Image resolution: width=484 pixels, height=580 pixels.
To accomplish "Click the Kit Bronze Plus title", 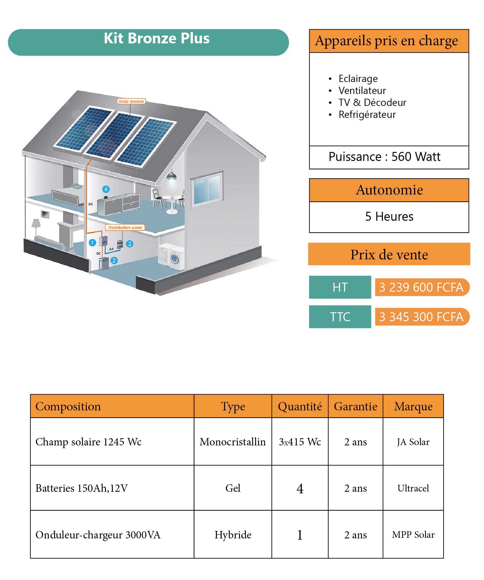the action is tap(157, 39).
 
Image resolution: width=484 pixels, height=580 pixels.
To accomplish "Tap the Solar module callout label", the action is tap(131, 101).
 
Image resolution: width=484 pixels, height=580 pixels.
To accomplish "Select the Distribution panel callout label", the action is tap(125, 228).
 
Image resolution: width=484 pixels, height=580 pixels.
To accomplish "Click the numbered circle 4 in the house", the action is tap(106, 189).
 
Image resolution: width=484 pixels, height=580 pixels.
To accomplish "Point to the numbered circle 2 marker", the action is tap(114, 261).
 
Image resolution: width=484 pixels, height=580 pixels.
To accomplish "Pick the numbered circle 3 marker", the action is tap(130, 244).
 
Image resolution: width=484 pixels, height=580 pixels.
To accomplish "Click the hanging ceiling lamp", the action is tap(172, 179).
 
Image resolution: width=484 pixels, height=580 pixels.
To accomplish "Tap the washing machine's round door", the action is tap(175, 259).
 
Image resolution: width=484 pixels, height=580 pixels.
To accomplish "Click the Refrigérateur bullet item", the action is tap(367, 115).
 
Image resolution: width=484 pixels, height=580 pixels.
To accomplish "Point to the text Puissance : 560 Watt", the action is tap(384, 157).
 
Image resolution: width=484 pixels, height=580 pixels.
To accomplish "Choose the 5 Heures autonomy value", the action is tap(389, 217).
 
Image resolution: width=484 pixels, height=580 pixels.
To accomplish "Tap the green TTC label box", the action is tap(340, 317).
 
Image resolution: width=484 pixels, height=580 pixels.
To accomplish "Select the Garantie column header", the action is tap(355, 406).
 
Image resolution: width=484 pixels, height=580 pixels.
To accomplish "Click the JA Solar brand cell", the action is tap(413, 442).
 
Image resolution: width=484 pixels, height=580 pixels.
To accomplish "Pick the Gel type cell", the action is tap(233, 488).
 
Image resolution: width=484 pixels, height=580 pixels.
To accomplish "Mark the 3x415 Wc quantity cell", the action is tap(300, 442).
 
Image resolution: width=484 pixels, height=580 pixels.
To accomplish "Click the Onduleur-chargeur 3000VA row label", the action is tap(98, 535).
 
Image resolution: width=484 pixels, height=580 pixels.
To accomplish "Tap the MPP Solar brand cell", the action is tap(413, 535).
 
